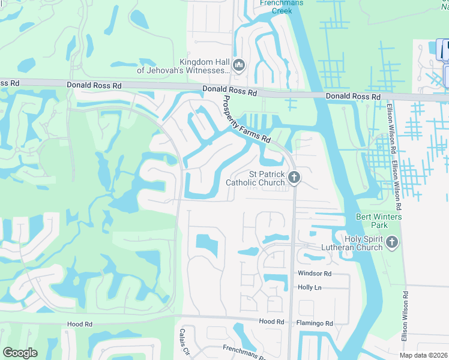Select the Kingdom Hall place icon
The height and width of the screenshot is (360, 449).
click(x=238, y=65)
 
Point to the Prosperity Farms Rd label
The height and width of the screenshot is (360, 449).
click(x=246, y=119)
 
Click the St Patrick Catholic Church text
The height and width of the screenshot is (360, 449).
click(x=255, y=178)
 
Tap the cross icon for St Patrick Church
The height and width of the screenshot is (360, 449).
click(x=294, y=177)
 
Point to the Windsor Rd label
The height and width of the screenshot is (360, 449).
click(x=315, y=274)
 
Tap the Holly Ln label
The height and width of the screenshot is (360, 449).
click(x=310, y=288)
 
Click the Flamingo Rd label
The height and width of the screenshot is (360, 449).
click(x=315, y=323)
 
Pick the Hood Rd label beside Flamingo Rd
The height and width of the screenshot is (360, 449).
click(x=271, y=322)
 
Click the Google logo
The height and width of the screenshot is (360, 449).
click(x=20, y=353)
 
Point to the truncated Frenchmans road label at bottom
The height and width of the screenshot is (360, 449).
click(x=244, y=352)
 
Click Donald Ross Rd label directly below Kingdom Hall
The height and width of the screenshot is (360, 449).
click(x=229, y=92)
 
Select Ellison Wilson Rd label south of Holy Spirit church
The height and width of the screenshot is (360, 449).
click(x=406, y=315)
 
